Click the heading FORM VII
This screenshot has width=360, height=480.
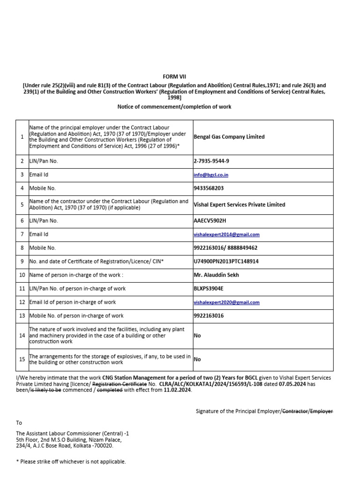(174, 76)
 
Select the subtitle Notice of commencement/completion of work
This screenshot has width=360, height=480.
(174, 107)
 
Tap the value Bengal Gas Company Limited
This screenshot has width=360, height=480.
(229, 137)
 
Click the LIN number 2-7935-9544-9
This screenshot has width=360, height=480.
(211, 161)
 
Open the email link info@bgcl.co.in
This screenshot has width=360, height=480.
(211, 175)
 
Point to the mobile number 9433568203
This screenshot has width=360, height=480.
(209, 188)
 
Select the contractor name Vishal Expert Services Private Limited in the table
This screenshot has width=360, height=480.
(239, 205)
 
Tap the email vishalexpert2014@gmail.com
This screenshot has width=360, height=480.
(226, 234)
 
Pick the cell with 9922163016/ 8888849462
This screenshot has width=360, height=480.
(225, 247)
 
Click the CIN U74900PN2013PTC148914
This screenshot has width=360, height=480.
(226, 261)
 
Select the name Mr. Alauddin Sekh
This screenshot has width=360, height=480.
(216, 275)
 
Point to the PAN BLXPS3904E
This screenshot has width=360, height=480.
(209, 289)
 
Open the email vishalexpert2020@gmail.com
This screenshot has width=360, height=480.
(226, 303)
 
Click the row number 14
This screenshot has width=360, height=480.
(22, 336)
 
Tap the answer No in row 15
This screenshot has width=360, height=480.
(197, 359)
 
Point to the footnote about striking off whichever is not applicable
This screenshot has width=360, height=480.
(71, 462)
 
